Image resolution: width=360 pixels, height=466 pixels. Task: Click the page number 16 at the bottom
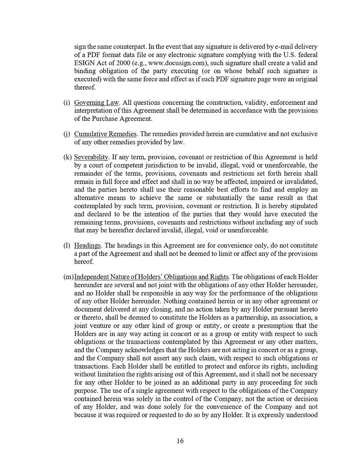click(180, 441)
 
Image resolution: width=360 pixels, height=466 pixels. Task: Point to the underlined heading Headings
click(87, 246)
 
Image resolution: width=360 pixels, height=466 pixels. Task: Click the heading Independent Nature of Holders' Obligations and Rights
click(152, 277)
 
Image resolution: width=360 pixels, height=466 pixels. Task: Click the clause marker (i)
click(66, 103)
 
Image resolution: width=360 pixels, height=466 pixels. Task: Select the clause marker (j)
click(66, 134)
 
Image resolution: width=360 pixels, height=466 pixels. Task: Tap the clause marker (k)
click(67, 157)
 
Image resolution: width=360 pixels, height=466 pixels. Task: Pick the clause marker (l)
click(66, 246)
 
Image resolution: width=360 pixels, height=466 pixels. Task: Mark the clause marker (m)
click(68, 277)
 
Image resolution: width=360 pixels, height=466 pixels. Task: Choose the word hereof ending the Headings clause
click(84, 262)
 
